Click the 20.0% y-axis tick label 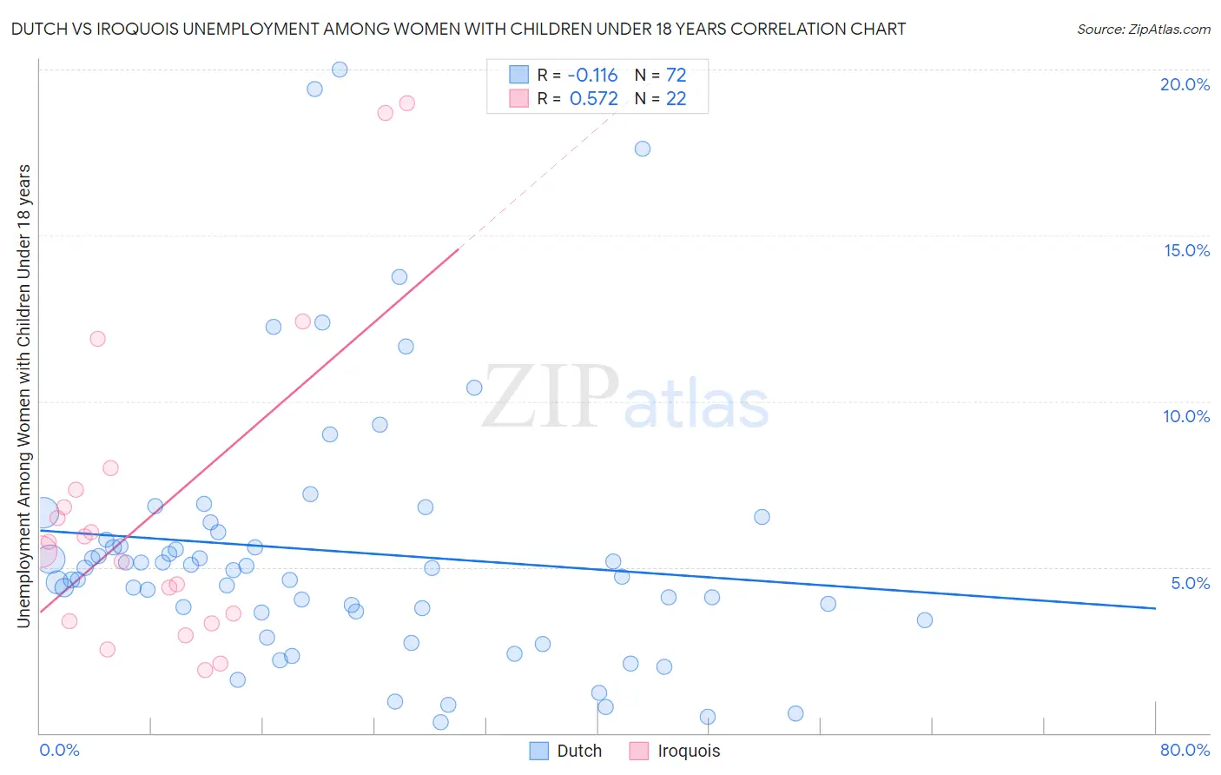tap(1185, 84)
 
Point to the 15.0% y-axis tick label tap(1186, 250)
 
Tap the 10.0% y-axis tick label tap(1186, 416)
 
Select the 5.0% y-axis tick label tap(1190, 583)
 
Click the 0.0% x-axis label tap(59, 750)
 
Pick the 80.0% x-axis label tap(1185, 750)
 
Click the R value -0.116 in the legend tap(593, 76)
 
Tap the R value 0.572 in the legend tap(593, 99)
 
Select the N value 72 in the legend tap(676, 76)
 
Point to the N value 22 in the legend tap(676, 99)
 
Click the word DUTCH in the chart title tap(37, 30)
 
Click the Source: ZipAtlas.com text tap(1143, 30)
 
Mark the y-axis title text tap(24, 396)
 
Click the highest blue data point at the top tap(340, 70)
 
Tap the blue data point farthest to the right tap(925, 620)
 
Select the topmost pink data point tap(406, 103)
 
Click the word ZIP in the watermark tap(551, 398)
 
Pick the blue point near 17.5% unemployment tap(643, 149)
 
